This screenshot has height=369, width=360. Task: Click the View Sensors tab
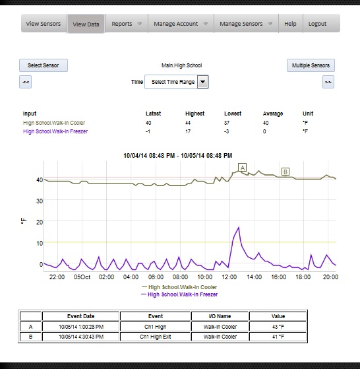point(44,24)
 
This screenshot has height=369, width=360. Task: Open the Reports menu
point(127,24)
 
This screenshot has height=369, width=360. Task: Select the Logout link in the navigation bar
point(317,24)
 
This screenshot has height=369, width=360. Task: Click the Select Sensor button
point(44,65)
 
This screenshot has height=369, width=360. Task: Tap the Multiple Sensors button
point(311,65)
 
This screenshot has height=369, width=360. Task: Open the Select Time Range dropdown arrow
point(202,82)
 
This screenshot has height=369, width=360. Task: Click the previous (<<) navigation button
point(25,82)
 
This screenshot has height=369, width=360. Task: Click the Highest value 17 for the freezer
point(188,131)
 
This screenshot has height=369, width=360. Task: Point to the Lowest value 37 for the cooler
point(227,123)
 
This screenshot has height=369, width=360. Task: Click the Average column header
point(273,114)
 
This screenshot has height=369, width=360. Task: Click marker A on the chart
point(242,168)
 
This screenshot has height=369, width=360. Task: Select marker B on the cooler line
point(285,172)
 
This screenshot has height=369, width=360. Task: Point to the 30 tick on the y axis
point(40,201)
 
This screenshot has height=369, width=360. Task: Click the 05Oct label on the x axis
point(82,277)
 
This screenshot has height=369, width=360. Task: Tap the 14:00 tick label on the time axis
point(254,277)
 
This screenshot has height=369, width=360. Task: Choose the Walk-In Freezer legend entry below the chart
point(179,294)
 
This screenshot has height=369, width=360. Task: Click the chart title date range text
point(178,156)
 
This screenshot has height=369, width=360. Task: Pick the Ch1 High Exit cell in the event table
point(156,337)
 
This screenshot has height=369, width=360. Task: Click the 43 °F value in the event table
point(278,327)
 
